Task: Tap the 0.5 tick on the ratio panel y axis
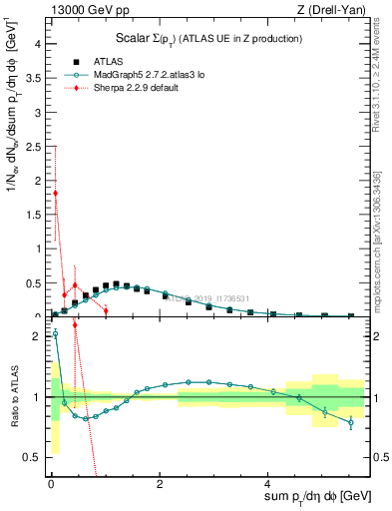(34, 457)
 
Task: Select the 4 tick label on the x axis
(266, 483)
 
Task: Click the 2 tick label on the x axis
(159, 483)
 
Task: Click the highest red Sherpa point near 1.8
(55, 193)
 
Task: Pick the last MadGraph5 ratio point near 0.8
(350, 422)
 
